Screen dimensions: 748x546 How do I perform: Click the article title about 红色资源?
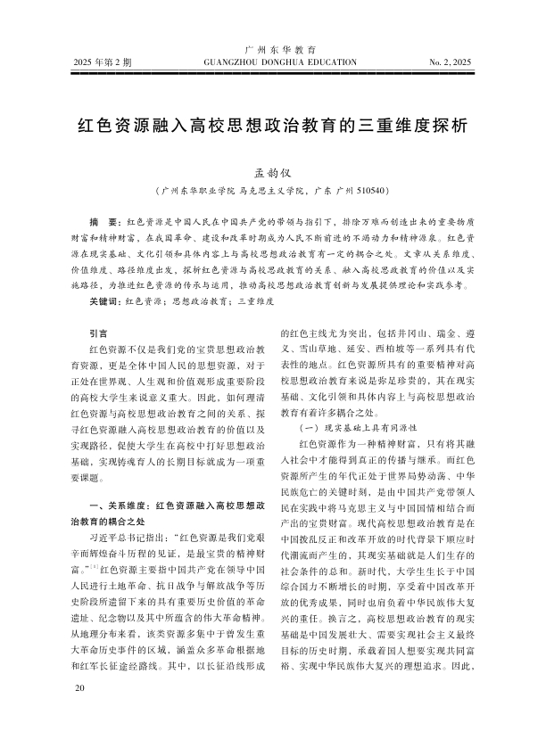[272, 124]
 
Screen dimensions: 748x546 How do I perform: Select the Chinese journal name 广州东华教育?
[272, 50]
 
